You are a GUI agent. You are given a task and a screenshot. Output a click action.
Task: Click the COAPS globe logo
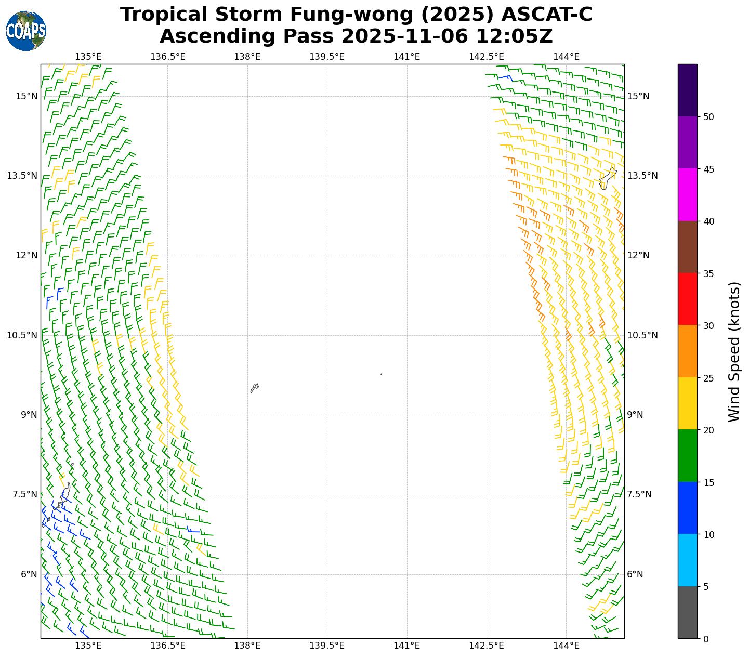pyautogui.click(x=26, y=31)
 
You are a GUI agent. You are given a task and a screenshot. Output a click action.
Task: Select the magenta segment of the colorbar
pyautogui.click(x=687, y=194)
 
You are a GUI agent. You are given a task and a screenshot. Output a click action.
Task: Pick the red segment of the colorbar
pyautogui.click(x=687, y=299)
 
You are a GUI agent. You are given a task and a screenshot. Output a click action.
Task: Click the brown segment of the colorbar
pyautogui.click(x=687, y=247)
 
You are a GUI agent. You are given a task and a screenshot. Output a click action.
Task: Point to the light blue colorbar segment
pyautogui.click(x=687, y=560)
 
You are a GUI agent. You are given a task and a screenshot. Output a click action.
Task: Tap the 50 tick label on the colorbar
pyautogui.click(x=708, y=117)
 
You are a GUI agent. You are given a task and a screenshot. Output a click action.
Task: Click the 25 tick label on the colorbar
pyautogui.click(x=708, y=378)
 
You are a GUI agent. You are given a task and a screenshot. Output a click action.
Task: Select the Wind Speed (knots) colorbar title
pyautogui.click(x=733, y=352)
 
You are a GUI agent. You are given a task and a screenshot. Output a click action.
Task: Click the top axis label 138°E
pyautogui.click(x=247, y=56)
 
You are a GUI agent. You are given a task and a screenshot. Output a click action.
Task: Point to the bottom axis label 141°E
pyautogui.click(x=406, y=646)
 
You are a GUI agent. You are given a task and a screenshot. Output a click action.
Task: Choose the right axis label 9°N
pyautogui.click(x=635, y=415)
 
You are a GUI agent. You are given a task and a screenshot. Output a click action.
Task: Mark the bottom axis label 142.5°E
pyautogui.click(x=487, y=646)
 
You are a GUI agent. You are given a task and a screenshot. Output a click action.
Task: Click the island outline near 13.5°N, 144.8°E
pyautogui.click(x=608, y=178)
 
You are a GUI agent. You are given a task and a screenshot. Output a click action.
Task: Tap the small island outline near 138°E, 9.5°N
pyautogui.click(x=255, y=388)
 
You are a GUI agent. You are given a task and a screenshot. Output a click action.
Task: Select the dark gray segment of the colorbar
pyautogui.click(x=687, y=612)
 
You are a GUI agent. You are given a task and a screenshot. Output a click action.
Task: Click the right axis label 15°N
pyautogui.click(x=638, y=96)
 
